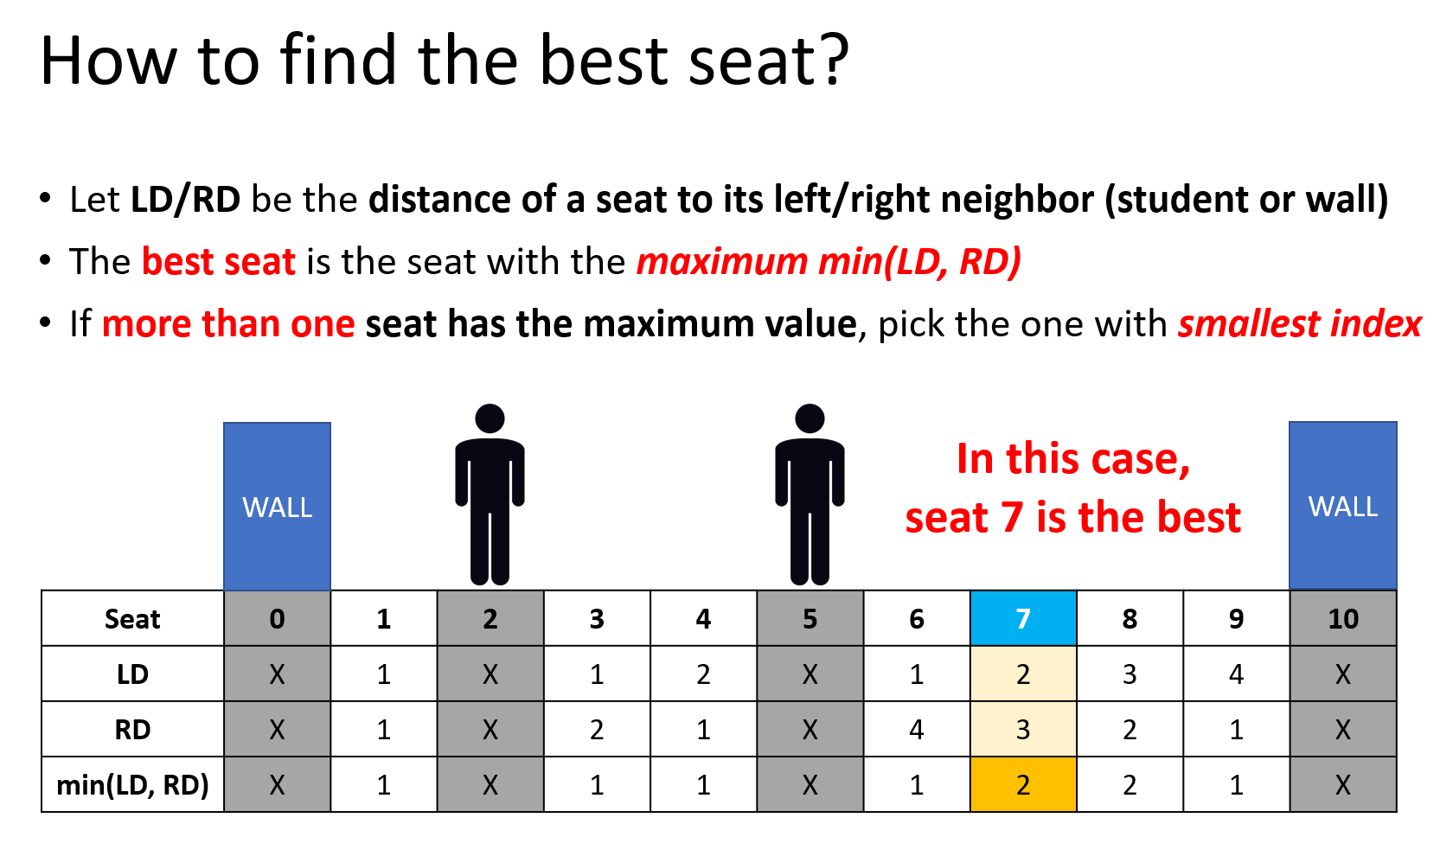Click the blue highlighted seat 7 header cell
click(1023, 618)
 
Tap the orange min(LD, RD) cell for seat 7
click(1023, 784)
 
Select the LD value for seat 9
click(1236, 674)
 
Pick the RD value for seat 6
click(917, 730)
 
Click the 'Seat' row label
click(132, 619)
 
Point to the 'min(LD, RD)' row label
click(132, 785)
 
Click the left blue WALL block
click(277, 507)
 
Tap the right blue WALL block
click(1343, 506)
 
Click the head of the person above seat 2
click(490, 418)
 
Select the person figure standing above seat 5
click(810, 495)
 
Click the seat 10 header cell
click(1343, 618)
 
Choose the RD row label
click(132, 730)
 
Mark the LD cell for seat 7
click(1023, 674)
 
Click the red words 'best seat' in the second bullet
click(219, 261)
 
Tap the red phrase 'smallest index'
click(1299, 324)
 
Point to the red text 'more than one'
click(228, 324)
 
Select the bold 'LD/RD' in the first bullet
click(185, 199)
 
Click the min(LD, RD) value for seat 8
click(1130, 785)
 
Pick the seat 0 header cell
click(277, 618)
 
